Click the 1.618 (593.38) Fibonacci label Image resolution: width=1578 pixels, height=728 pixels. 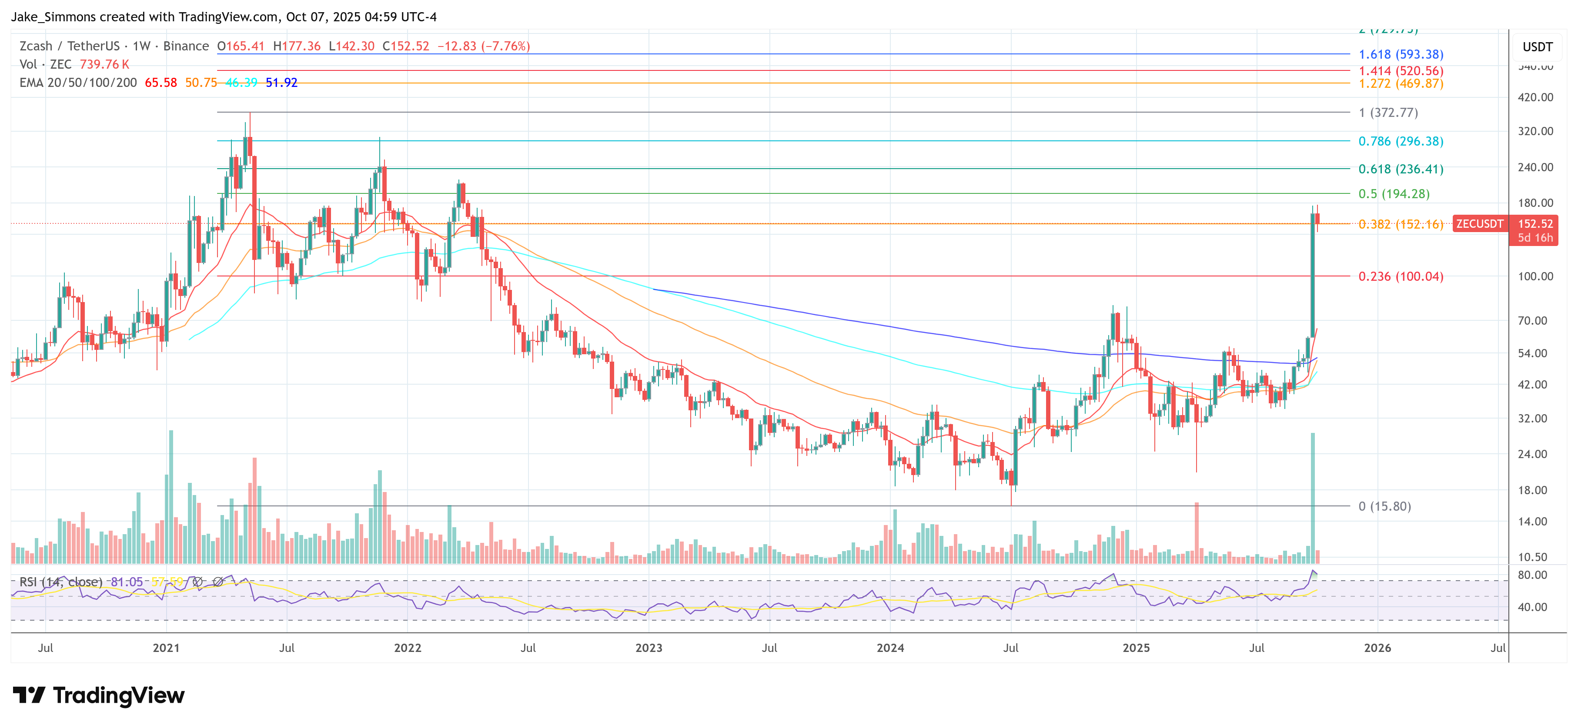[x=1401, y=54]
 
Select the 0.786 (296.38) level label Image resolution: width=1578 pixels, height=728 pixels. [x=1401, y=141]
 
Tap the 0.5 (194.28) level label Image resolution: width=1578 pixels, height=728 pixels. [x=1394, y=194]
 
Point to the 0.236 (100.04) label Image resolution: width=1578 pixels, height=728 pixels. [x=1401, y=277]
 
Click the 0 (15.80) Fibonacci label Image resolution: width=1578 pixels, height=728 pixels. [x=1384, y=506]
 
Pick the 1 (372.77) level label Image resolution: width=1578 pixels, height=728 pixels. [x=1388, y=113]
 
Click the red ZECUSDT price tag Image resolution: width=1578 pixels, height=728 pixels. [x=1479, y=224]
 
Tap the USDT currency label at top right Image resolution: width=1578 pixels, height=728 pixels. [x=1537, y=47]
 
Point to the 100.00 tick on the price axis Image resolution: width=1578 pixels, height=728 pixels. [x=1535, y=277]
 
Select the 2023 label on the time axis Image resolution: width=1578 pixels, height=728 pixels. [x=649, y=648]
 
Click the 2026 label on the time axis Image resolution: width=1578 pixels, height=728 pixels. [x=1377, y=648]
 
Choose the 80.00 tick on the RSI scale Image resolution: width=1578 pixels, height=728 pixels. [x=1532, y=575]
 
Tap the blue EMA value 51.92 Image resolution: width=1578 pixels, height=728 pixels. [x=281, y=83]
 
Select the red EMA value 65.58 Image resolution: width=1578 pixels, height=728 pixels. [x=160, y=83]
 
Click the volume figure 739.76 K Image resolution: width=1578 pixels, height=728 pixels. [x=104, y=64]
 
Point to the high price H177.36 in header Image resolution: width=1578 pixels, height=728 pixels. [x=297, y=46]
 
